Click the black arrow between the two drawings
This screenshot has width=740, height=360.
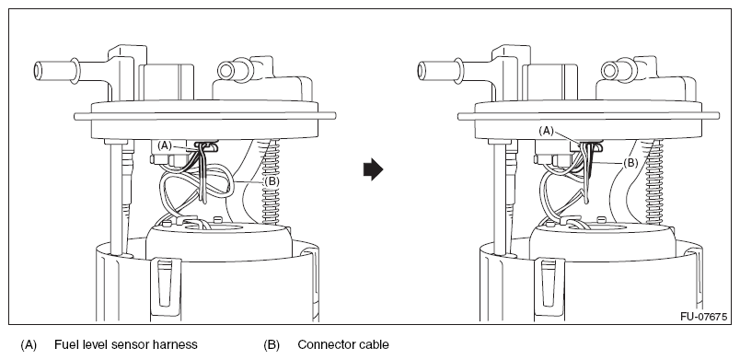373,168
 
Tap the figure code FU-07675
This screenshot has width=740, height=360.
703,317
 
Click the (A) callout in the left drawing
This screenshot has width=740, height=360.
165,145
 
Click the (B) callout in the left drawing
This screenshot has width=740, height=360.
272,180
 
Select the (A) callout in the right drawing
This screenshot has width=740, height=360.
546,131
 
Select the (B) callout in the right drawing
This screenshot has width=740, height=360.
630,163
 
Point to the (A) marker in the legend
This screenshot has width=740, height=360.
29,345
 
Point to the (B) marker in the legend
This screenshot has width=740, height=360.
272,345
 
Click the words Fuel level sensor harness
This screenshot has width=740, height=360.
125,345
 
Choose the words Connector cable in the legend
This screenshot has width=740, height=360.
343,345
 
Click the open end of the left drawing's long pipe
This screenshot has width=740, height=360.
38,72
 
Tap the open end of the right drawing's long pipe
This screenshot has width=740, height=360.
422,72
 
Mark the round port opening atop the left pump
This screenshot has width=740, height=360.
226,71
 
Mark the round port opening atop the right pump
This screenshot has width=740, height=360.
609,71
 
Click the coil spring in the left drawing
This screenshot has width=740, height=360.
272,181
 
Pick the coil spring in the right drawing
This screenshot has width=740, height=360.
656,181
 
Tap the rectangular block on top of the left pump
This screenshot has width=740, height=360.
167,82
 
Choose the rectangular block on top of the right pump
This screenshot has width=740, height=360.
550,82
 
